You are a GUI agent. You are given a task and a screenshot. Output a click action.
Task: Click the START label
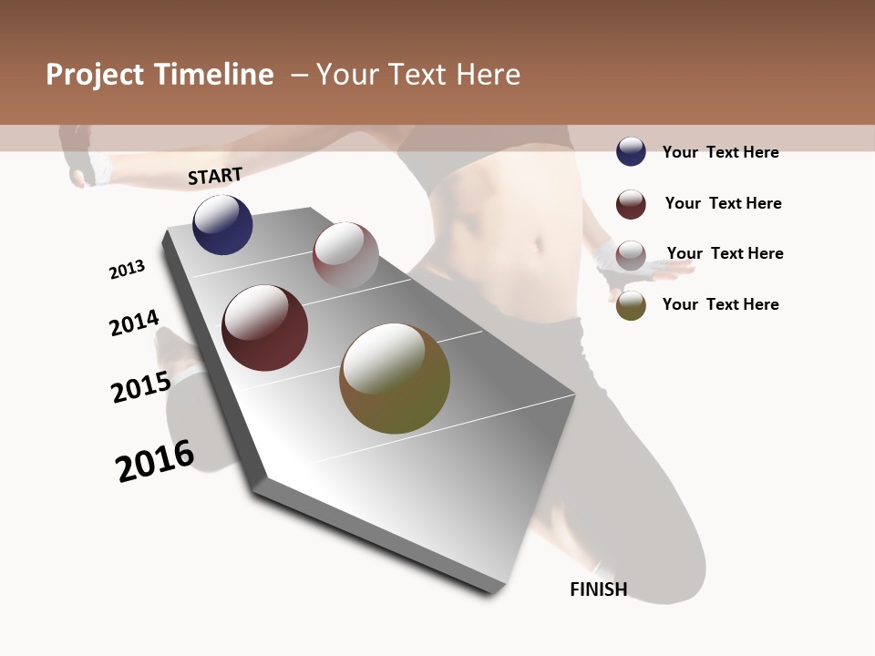pyautogui.click(x=215, y=176)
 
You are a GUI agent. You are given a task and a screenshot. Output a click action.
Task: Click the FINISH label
pyautogui.click(x=599, y=589)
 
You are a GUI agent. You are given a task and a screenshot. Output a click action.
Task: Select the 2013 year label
pyautogui.click(x=127, y=270)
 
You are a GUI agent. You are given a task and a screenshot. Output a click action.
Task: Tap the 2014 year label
pyautogui.click(x=134, y=323)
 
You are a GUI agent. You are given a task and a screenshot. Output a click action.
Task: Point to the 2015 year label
pyautogui.click(x=141, y=387)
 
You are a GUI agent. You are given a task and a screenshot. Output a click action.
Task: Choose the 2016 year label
pyautogui.click(x=155, y=461)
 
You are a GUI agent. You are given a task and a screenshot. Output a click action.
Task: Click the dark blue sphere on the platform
pyautogui.click(x=222, y=224)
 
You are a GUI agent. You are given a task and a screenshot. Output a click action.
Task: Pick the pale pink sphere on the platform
pyautogui.click(x=345, y=255)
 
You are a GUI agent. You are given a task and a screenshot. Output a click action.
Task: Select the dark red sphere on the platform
pyautogui.click(x=264, y=328)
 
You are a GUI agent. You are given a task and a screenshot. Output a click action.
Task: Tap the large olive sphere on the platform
pyautogui.click(x=395, y=378)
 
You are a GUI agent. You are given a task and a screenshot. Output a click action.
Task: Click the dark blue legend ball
pyautogui.click(x=631, y=151)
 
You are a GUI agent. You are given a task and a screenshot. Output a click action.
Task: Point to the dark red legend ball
pyautogui.click(x=631, y=204)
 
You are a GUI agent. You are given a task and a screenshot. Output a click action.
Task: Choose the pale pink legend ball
pyautogui.click(x=631, y=254)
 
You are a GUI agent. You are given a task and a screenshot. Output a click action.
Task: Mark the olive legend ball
pyautogui.click(x=631, y=305)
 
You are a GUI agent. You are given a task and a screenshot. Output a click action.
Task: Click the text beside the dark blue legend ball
pyautogui.click(x=720, y=152)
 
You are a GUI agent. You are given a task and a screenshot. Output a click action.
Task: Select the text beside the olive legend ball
pyautogui.click(x=720, y=304)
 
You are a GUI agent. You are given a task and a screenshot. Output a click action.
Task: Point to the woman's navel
pyautogui.click(x=540, y=244)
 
